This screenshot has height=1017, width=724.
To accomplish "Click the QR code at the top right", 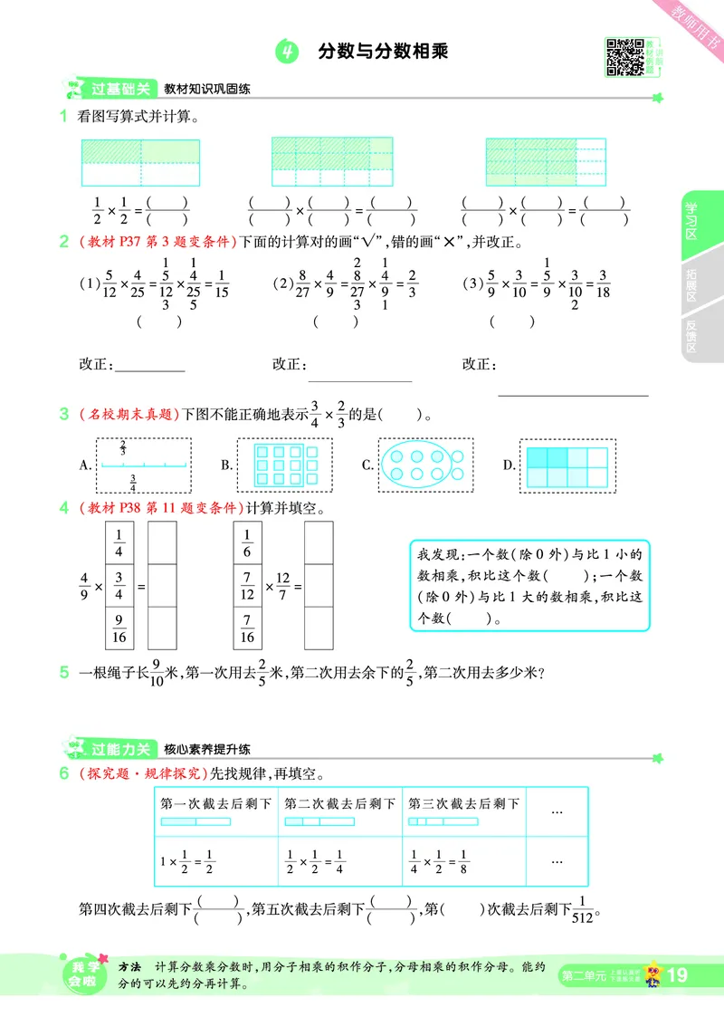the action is [621, 57].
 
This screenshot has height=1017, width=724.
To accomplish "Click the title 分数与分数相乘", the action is [384, 53].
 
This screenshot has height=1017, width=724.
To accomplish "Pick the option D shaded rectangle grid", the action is [567, 465].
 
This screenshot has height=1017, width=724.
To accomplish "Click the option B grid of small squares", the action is [285, 465].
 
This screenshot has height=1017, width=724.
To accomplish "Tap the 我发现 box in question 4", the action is [529, 586].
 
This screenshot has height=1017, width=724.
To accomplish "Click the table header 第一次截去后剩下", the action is [216, 803].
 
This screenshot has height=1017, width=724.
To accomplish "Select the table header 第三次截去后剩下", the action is [463, 803].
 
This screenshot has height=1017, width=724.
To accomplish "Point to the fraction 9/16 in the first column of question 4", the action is [119, 627].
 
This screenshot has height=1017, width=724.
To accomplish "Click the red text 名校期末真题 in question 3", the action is [127, 415].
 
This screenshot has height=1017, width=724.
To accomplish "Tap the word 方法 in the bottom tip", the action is [133, 967].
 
